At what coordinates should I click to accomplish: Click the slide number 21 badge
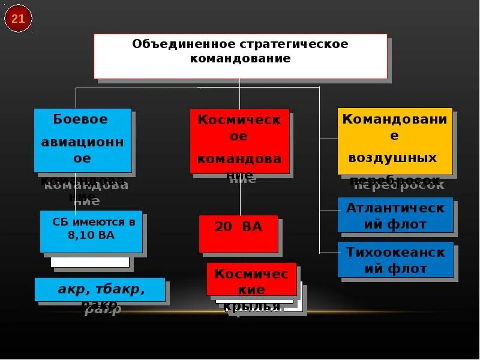(18, 19)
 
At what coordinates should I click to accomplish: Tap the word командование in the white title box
(240, 59)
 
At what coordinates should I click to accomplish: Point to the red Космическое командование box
(239, 141)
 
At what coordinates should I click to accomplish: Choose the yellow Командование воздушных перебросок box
(395, 141)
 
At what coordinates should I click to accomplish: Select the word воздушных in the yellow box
(392, 158)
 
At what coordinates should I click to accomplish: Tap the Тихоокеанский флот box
(395, 260)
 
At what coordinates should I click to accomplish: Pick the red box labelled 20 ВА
(238, 233)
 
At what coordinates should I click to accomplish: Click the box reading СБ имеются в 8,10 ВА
(91, 230)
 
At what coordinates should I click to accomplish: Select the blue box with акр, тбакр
(100, 289)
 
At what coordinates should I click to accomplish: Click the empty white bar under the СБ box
(90, 262)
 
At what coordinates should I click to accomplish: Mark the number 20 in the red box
(223, 227)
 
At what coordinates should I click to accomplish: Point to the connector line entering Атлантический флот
(328, 211)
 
